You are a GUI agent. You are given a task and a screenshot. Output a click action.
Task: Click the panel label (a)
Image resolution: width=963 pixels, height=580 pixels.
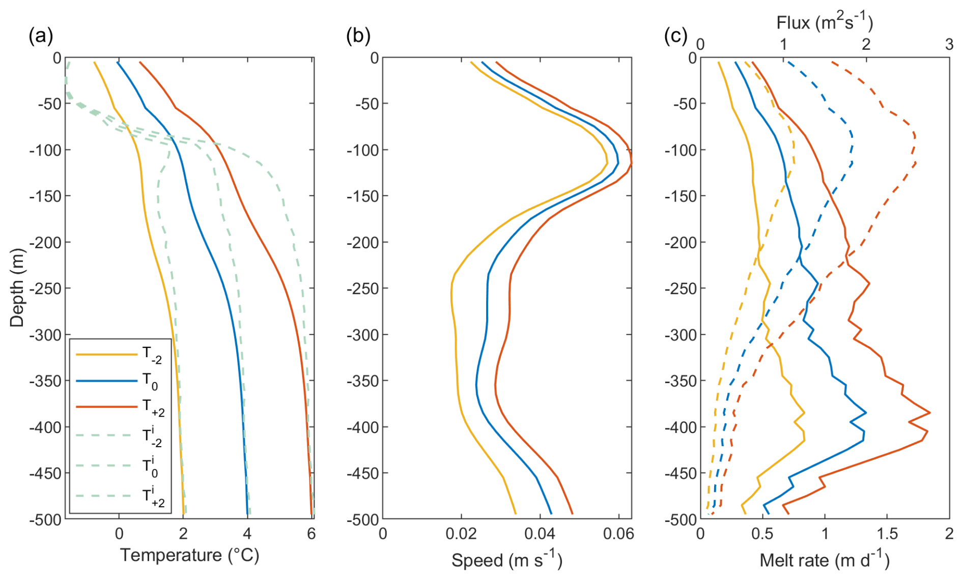click(x=41, y=37)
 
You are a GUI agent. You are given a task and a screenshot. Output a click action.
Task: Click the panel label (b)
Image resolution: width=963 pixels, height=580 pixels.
click(x=358, y=37)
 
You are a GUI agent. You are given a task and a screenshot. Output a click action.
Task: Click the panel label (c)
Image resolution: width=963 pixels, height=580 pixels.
click(x=676, y=37)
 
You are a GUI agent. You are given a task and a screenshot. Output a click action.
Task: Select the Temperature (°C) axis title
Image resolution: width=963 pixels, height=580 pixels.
click(x=190, y=555)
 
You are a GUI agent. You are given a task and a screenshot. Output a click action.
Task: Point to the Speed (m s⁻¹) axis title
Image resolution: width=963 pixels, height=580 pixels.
click(x=507, y=560)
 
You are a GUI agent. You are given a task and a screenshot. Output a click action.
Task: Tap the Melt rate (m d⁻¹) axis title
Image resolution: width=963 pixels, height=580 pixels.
click(x=825, y=560)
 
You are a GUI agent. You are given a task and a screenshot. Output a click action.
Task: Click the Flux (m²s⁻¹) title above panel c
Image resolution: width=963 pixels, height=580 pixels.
click(x=825, y=22)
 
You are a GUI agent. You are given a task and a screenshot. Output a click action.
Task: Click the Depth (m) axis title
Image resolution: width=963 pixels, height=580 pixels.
click(x=17, y=287)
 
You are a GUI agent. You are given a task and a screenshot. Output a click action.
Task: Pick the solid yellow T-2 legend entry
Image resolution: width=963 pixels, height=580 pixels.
click(x=117, y=354)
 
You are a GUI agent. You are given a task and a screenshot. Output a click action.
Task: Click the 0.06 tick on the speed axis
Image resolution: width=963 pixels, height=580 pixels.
click(x=618, y=533)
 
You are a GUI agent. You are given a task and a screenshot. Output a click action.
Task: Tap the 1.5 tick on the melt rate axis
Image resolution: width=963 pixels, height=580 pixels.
click(x=887, y=533)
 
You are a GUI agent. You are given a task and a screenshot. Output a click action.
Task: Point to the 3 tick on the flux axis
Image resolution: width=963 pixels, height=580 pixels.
click(x=949, y=45)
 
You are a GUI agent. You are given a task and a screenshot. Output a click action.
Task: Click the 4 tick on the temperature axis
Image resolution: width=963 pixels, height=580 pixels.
click(x=247, y=533)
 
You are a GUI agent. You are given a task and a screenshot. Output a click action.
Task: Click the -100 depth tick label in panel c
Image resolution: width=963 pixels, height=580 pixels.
click(x=681, y=150)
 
